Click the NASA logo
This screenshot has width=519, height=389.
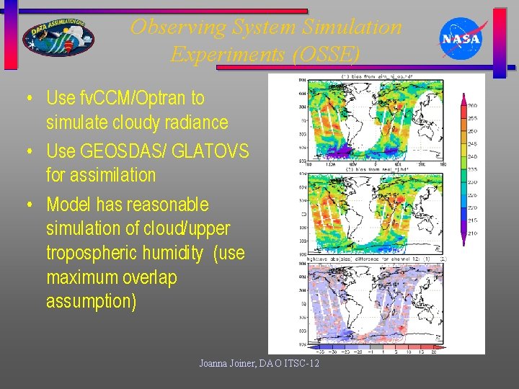[461, 38]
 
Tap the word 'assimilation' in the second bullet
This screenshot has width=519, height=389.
[101, 175]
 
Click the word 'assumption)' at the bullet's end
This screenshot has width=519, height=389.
[91, 301]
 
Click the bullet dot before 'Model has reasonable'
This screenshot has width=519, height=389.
[29, 205]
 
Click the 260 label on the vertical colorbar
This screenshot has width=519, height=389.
[472, 106]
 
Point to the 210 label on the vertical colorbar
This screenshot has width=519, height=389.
[472, 234]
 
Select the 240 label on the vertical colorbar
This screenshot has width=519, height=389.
[472, 157]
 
